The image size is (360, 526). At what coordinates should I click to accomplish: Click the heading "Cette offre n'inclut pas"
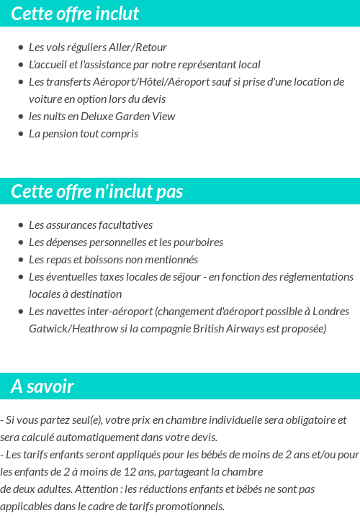point(97,192)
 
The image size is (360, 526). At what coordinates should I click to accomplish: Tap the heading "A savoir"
point(42,387)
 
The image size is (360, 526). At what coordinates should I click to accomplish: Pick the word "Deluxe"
point(101,117)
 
